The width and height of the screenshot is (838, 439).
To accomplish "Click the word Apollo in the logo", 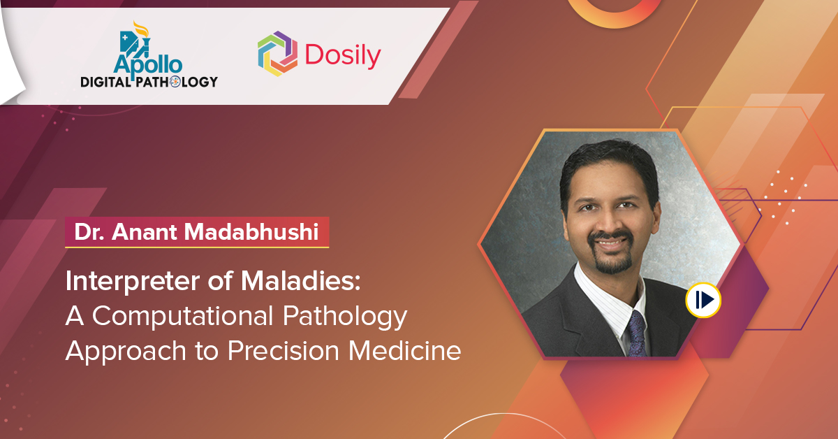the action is point(148,65).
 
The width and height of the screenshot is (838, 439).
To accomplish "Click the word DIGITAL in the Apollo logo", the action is point(106,82).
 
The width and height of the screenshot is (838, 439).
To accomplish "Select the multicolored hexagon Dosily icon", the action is point(278,54).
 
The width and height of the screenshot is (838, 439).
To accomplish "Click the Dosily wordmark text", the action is point(343,56).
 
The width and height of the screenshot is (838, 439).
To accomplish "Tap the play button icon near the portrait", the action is point(703,300).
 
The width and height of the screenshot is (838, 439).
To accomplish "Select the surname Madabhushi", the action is point(251,231).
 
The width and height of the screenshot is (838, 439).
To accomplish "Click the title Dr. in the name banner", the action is point(89,232).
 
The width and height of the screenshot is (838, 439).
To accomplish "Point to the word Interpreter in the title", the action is point(133,281).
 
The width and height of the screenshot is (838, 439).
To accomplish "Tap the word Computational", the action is point(182,317).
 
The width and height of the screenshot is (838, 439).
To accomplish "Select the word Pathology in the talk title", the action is point(344,317).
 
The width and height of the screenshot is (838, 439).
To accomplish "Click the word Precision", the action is point(284,351).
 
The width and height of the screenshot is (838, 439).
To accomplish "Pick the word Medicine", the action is point(405,351).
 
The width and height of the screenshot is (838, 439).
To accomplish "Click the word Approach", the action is point(126,352).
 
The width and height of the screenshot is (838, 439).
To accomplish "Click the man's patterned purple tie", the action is point(637,334).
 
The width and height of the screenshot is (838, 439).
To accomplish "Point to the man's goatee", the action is point(612,254).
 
